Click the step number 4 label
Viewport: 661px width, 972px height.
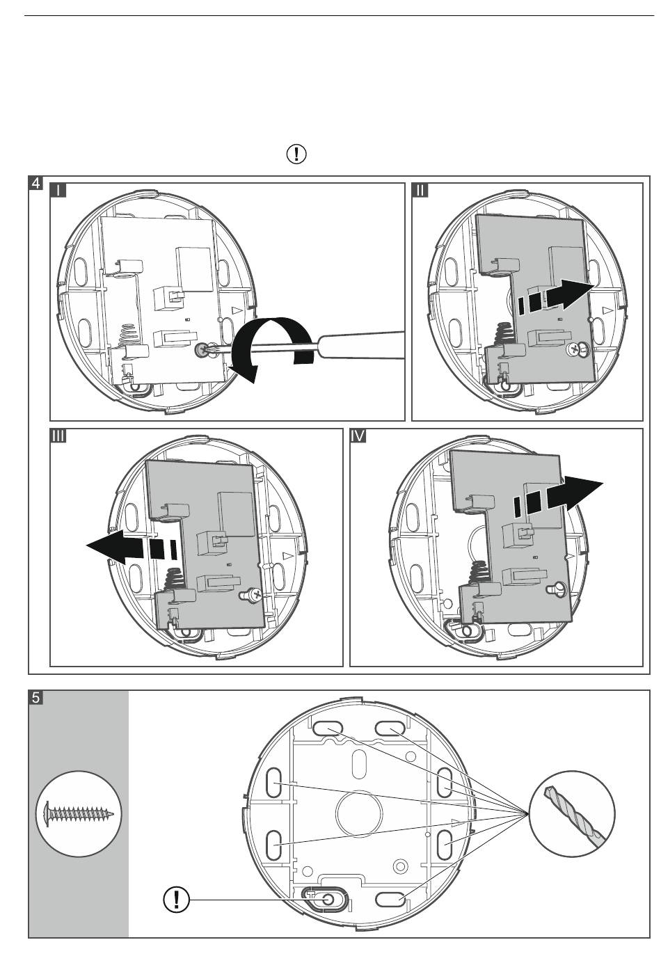point(35,184)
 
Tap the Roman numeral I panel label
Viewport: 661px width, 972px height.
point(58,191)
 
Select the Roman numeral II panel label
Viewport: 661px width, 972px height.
point(421,191)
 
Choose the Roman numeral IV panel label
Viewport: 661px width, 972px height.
point(358,436)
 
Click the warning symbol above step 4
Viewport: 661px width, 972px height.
point(297,154)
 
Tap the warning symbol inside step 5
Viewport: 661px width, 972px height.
point(177,900)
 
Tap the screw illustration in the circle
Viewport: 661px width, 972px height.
point(79,813)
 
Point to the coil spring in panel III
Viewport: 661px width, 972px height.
point(174,579)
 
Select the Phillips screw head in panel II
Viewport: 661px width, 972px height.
point(576,350)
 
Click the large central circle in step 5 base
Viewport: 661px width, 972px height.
point(359,809)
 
